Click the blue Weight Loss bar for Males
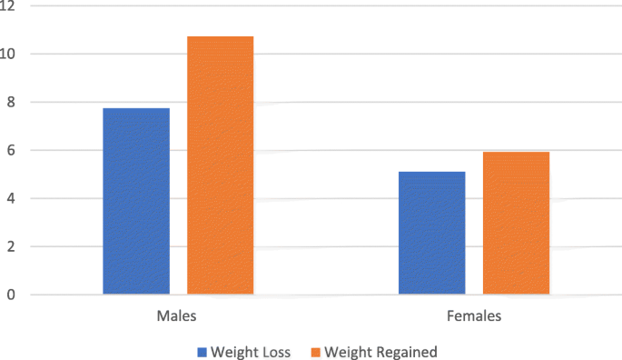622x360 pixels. click(x=136, y=201)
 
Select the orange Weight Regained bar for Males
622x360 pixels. click(x=220, y=165)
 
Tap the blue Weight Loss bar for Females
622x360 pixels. click(x=432, y=233)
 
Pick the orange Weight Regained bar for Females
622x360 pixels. click(x=516, y=223)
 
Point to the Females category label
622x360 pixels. click(x=474, y=317)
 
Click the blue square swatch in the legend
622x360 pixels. click(x=202, y=351)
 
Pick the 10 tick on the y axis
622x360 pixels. click(x=9, y=54)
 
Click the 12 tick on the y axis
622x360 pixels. click(x=9, y=6)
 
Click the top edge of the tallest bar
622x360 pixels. click(x=220, y=37)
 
